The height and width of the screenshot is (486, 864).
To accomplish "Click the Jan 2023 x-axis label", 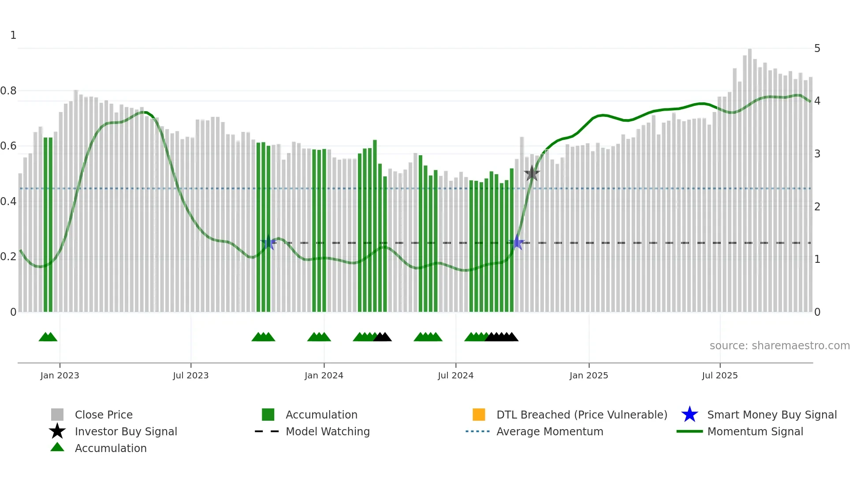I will (x=60, y=375).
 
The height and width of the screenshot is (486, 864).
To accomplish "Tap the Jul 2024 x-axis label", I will (x=455, y=375).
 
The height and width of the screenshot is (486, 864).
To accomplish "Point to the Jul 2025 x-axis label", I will (x=719, y=375).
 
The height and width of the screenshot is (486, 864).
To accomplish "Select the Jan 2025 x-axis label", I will (x=588, y=375).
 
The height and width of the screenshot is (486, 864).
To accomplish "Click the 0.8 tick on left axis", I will (x=8, y=91).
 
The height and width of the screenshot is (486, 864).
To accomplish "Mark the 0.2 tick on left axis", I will (x=8, y=257).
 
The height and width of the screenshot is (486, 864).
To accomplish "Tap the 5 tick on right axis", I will (x=817, y=49).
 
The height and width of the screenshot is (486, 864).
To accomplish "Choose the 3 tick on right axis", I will (x=817, y=154).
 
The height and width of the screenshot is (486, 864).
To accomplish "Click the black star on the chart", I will (x=532, y=173).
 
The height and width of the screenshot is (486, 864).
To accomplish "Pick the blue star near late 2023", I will (x=268, y=243).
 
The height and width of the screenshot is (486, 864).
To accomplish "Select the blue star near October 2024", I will (x=517, y=243).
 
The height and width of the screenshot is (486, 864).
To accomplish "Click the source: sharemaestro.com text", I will (x=779, y=346).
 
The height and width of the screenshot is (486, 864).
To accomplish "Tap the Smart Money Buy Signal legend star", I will (x=689, y=415).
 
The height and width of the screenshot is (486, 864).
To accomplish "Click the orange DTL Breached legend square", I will (x=479, y=415).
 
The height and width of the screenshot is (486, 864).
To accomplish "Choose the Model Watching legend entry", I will (x=328, y=431).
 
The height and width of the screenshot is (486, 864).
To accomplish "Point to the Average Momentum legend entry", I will (x=549, y=431).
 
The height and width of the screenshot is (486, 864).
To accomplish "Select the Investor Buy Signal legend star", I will (x=57, y=431).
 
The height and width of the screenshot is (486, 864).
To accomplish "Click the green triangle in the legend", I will (x=57, y=447).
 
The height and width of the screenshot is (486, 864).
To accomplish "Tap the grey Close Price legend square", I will (x=57, y=415).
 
